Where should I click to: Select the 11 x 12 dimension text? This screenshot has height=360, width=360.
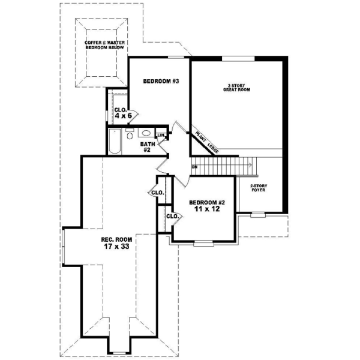coord(207,211)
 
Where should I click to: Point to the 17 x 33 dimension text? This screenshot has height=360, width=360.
coord(109,246)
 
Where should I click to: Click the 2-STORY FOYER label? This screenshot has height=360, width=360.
coord(259,188)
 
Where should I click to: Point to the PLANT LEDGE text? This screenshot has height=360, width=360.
coord(205,140)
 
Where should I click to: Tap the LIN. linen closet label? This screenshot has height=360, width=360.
coord(160,135)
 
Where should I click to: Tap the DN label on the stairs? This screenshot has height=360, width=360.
coord(194,166)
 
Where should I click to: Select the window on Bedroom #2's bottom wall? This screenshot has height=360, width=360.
coord(203,243)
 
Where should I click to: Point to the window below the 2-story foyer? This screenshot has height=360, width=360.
coord(258,214)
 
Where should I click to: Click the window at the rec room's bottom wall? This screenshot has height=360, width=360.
coord(119,352)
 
